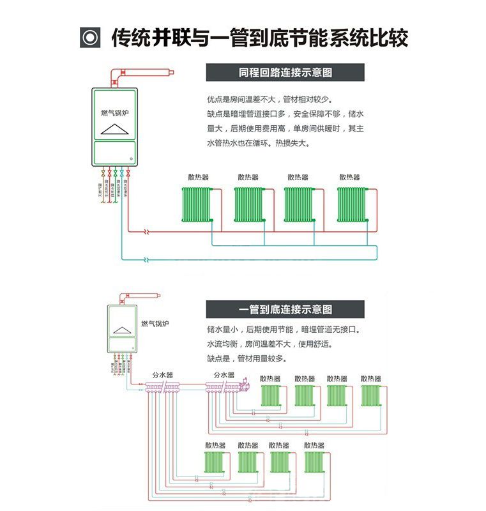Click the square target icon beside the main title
(x=90, y=38)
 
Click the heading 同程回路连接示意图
(x=285, y=72)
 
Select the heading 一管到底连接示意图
(x=285, y=310)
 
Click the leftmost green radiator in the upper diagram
(x=196, y=204)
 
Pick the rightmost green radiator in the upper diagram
(x=352, y=204)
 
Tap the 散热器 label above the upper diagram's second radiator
(x=248, y=177)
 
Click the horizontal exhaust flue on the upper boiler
(x=148, y=72)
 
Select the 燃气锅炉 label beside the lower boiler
(x=155, y=324)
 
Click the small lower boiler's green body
(x=122, y=328)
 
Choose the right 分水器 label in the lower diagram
(x=224, y=375)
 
